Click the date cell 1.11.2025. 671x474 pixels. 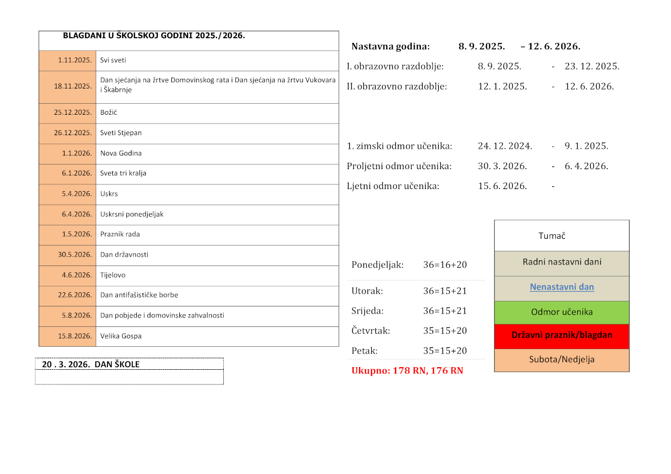point(75,60)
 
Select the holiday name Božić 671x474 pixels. point(109,113)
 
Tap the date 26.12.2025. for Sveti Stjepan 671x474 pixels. point(73,133)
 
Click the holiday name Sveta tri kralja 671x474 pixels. point(123,173)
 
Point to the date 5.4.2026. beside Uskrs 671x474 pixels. point(77,194)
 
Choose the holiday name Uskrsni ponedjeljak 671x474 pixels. point(132,214)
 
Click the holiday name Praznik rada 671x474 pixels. point(120,234)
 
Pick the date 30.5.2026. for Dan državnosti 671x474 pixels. point(75,255)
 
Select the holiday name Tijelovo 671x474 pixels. point(113,275)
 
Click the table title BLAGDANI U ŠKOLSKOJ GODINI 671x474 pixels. point(154,36)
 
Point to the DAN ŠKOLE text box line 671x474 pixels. point(91,365)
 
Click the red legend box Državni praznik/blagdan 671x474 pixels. point(561,335)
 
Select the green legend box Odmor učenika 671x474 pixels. point(561,312)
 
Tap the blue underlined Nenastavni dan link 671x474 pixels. point(561,287)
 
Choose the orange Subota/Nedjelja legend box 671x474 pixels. point(561,360)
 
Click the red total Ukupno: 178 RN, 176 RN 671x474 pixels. point(407,371)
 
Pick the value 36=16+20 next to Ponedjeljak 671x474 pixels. point(445,265)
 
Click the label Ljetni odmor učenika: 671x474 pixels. point(393,186)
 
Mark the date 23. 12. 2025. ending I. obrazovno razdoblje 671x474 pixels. point(592,67)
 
